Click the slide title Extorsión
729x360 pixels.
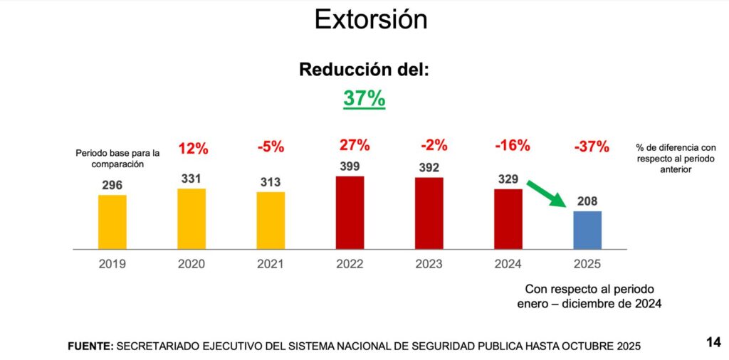[371, 20]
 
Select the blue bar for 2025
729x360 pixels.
[587, 230]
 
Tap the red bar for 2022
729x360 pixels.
[350, 212]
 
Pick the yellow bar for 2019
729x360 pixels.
[112, 221]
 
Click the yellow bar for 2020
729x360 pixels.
[192, 218]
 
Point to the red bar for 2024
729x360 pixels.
[508, 218]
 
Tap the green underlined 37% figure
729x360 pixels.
[364, 98]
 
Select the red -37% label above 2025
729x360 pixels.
[591, 147]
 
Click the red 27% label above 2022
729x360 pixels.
[355, 145]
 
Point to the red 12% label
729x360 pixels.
[193, 149]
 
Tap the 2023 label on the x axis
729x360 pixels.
[429, 264]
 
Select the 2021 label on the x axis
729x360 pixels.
[271, 264]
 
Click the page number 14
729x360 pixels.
[713, 343]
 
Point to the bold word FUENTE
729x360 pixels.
[90, 346]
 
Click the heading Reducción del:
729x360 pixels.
[364, 70]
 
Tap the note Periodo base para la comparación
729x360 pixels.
[117, 159]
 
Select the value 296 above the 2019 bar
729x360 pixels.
[113, 184]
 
